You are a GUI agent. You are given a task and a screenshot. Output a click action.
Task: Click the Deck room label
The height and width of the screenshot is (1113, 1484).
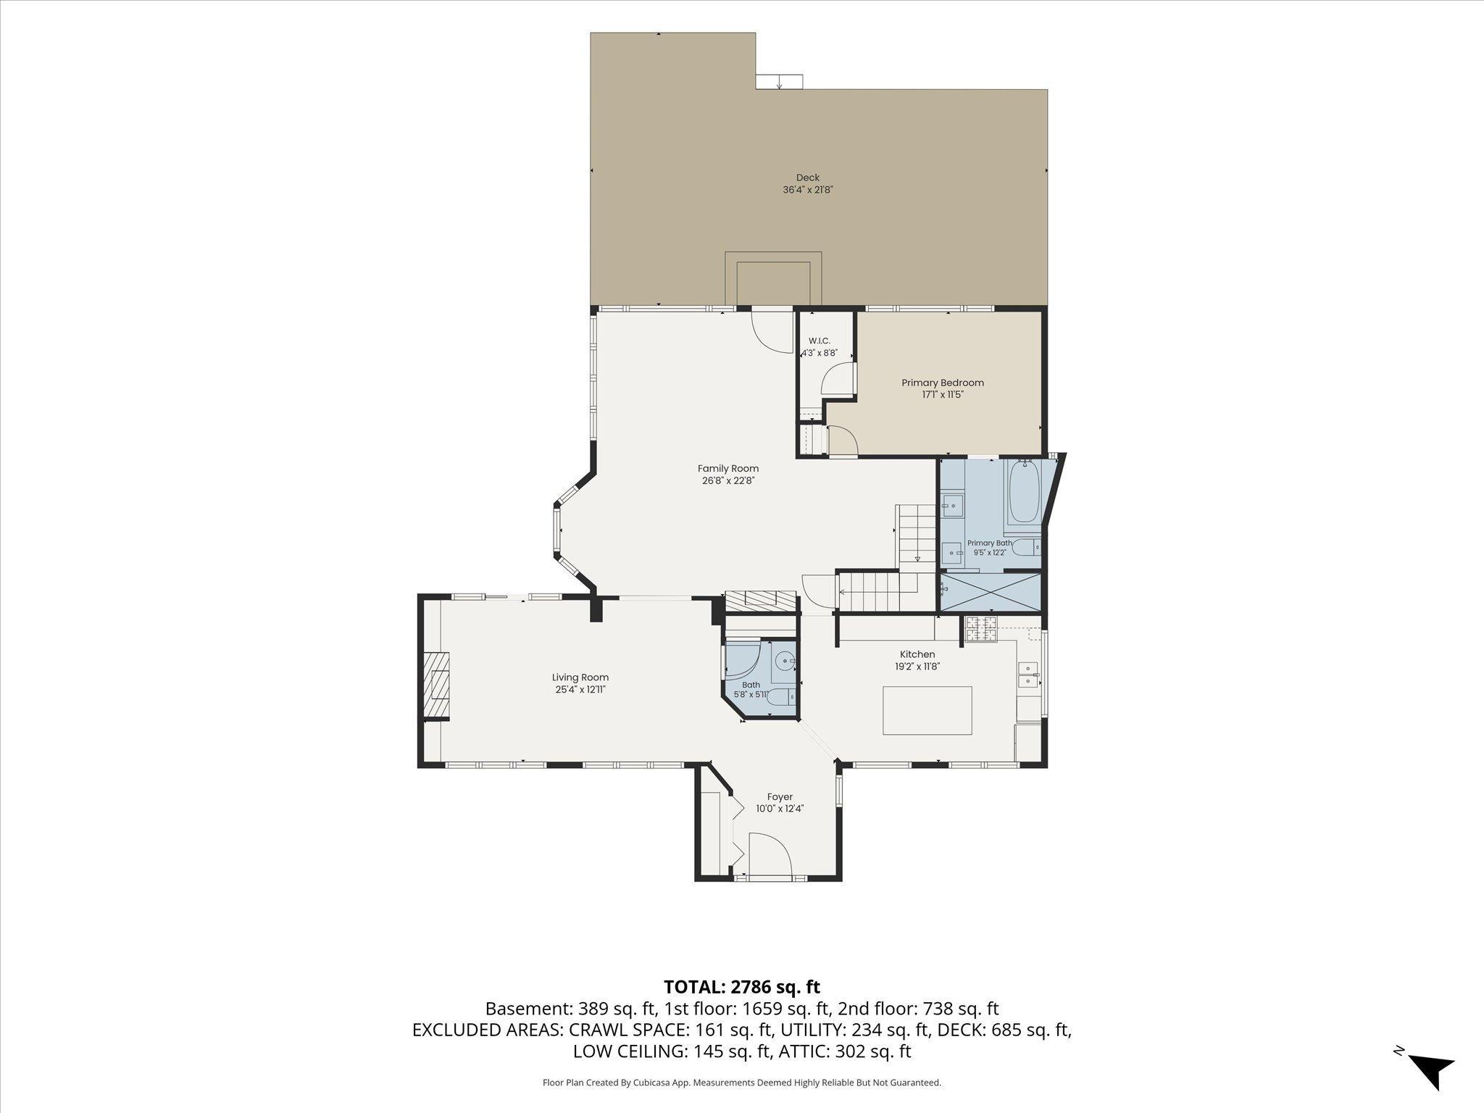(x=807, y=178)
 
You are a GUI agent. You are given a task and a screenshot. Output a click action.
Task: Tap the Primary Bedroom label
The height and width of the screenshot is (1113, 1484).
(x=942, y=383)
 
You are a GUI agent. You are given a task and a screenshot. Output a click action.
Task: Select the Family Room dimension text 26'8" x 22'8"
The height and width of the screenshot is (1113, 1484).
(x=728, y=480)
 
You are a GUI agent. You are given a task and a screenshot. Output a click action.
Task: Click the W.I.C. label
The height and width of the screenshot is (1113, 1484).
(x=819, y=341)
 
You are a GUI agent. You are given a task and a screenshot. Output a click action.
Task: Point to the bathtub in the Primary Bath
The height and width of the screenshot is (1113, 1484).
(x=1025, y=493)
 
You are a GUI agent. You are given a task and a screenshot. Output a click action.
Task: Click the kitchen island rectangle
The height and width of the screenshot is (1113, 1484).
(x=927, y=710)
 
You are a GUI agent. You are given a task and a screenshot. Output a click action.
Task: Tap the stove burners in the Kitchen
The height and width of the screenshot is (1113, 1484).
(x=982, y=629)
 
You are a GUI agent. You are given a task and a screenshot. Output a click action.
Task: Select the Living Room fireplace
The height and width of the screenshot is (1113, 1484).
(x=436, y=685)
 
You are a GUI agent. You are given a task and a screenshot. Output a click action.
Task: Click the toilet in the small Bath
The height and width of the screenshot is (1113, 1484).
(x=780, y=698)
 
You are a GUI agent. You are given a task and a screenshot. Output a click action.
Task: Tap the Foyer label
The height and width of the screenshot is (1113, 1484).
(x=780, y=797)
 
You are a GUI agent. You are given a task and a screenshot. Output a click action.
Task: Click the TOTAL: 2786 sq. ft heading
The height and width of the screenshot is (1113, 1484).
(x=742, y=986)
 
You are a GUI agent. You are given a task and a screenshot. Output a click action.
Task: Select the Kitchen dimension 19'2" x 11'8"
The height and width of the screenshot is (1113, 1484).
(x=917, y=667)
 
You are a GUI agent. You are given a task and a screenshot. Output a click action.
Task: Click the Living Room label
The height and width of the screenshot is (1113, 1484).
(x=580, y=678)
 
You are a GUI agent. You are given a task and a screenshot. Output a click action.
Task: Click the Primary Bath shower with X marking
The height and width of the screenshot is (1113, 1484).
(x=990, y=592)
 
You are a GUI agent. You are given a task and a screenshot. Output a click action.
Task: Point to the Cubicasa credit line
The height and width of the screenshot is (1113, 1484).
(x=742, y=1083)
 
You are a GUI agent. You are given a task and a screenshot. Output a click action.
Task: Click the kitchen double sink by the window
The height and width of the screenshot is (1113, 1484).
(x=1027, y=674)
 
